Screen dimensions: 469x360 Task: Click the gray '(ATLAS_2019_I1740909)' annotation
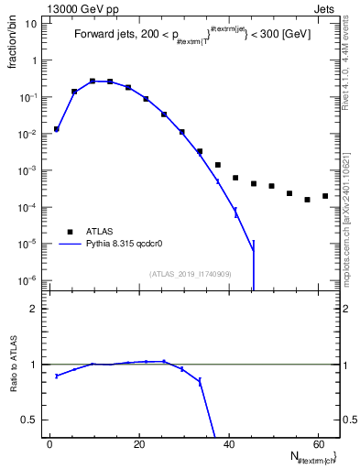(x=190, y=274)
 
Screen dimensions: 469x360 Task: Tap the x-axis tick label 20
(x=138, y=443)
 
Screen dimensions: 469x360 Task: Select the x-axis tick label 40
(x=228, y=443)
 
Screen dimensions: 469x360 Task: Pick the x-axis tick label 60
(x=317, y=443)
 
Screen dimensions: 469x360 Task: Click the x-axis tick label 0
(x=49, y=443)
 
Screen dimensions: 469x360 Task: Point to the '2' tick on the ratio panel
(x=34, y=310)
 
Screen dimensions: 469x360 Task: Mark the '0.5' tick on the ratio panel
(x=30, y=420)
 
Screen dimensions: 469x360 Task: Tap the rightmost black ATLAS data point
(x=325, y=196)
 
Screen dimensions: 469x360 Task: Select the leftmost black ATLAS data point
(x=57, y=129)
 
